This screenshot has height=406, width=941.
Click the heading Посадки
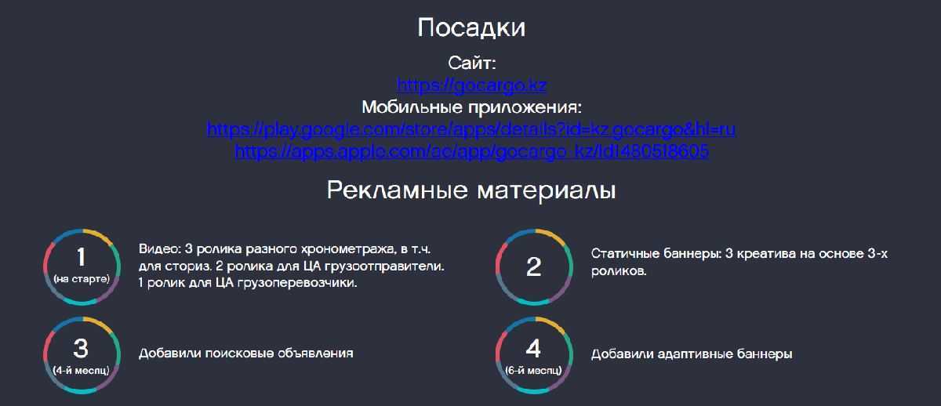click(x=471, y=28)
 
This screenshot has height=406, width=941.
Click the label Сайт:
click(x=472, y=63)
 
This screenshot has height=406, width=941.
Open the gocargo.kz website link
click(x=472, y=85)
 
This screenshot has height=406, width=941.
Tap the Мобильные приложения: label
click(x=472, y=107)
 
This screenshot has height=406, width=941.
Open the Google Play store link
click(x=471, y=129)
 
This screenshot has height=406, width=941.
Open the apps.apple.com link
click(x=472, y=151)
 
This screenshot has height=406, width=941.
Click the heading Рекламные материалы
click(x=471, y=190)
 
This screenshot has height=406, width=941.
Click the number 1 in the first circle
click(x=82, y=256)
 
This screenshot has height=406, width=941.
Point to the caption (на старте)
click(x=82, y=279)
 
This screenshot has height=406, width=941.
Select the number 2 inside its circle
click(x=534, y=267)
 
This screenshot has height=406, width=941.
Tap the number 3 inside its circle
click(x=81, y=348)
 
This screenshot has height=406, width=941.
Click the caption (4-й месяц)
click(x=81, y=370)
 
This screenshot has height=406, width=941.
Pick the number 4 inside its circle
click(x=533, y=348)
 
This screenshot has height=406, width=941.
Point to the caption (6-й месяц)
click(x=533, y=370)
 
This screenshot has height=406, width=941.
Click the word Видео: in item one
click(x=160, y=249)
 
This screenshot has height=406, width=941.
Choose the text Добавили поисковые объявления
click(x=245, y=353)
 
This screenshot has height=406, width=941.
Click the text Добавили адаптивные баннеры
click(x=692, y=354)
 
